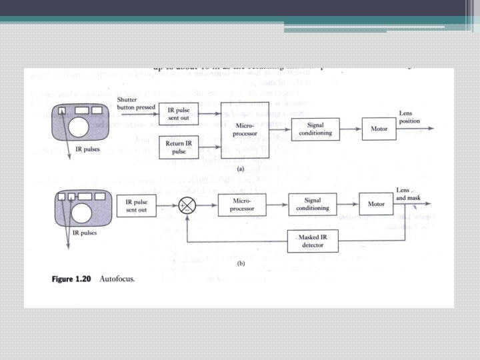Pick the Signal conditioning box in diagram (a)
point(317,128)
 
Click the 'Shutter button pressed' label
point(136,103)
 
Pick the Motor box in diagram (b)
point(376,203)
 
